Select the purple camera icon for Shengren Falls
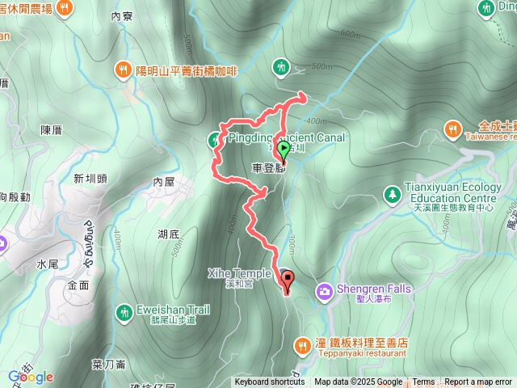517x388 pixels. [324, 289]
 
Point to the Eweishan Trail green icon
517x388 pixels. [124, 310]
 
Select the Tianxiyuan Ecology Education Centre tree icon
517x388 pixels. [392, 194]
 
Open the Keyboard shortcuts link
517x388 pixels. [270, 382]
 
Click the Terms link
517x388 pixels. [423, 382]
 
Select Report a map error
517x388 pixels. [478, 382]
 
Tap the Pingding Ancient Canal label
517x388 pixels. [287, 138]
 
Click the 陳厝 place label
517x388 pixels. [51, 129]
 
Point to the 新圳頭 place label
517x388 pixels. [90, 179]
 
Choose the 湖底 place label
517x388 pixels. [169, 234]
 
